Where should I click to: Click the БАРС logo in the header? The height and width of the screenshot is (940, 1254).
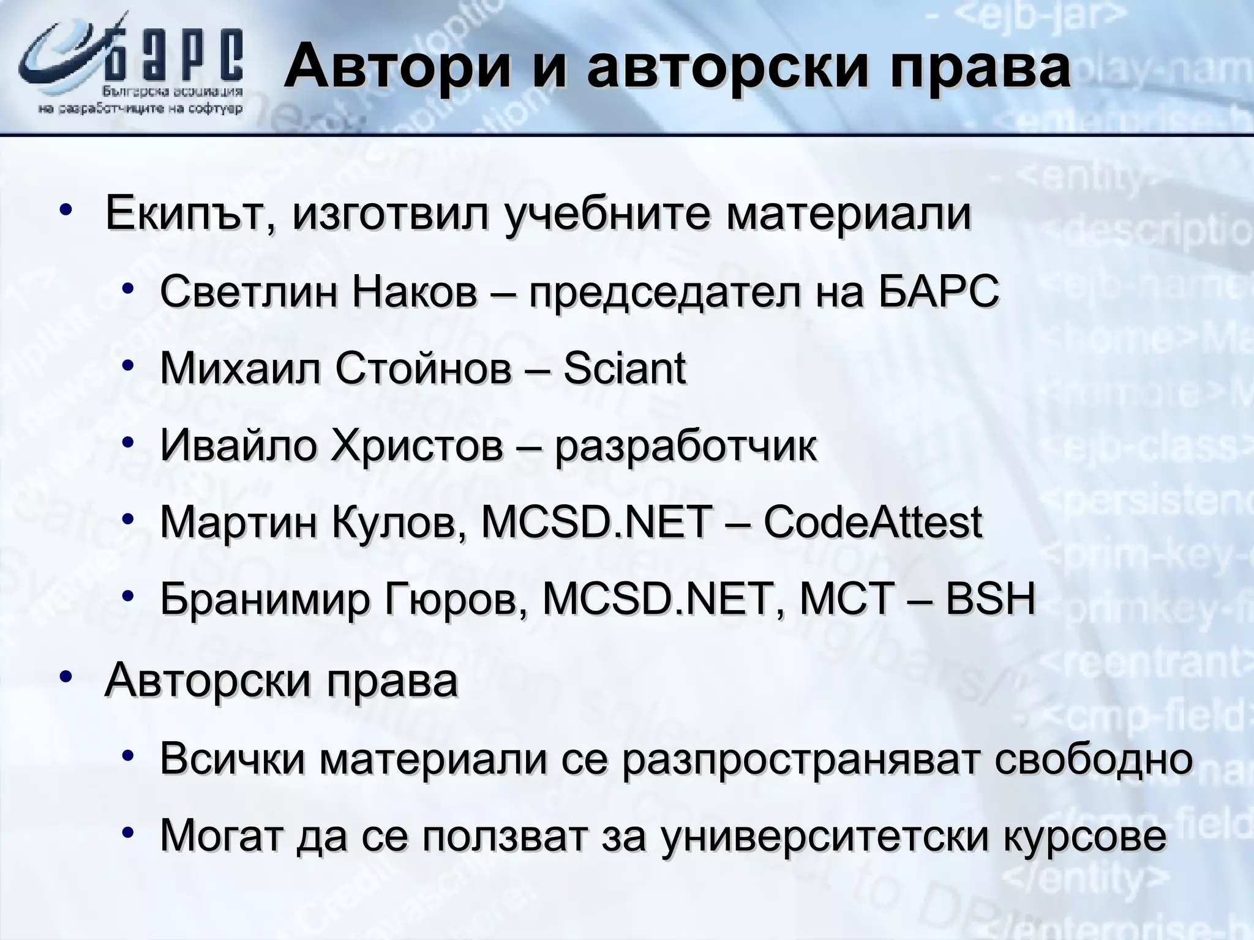click(131, 67)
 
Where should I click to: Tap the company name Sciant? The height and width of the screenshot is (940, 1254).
click(624, 368)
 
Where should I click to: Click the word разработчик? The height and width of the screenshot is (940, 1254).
click(686, 447)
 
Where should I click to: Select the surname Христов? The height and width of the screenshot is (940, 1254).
click(416, 446)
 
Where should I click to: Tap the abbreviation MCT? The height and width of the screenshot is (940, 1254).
click(846, 599)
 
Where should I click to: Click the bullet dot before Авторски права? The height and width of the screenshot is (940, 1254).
click(66, 677)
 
